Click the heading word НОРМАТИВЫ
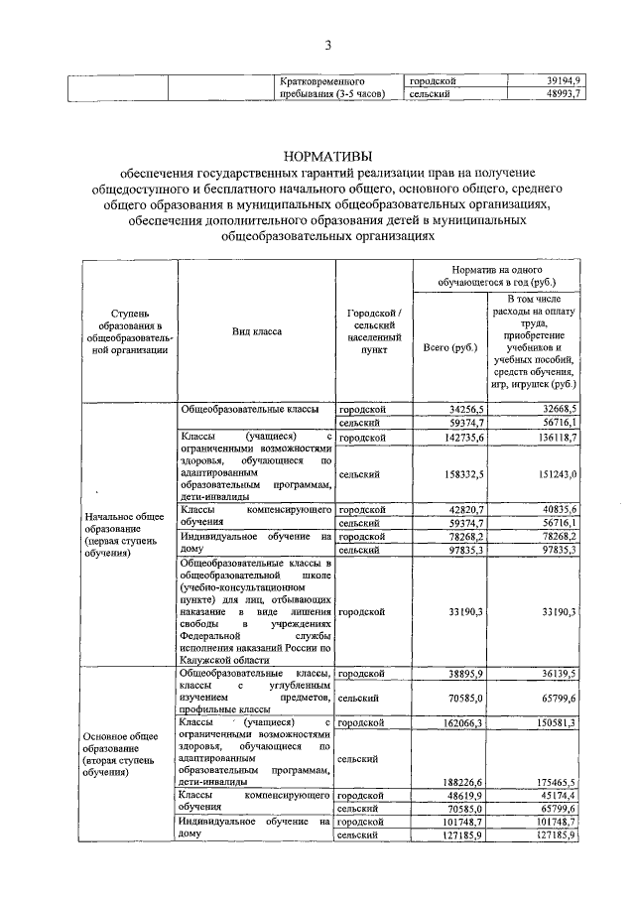point(327,156)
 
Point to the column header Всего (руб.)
point(449,347)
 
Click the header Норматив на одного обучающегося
point(496,276)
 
